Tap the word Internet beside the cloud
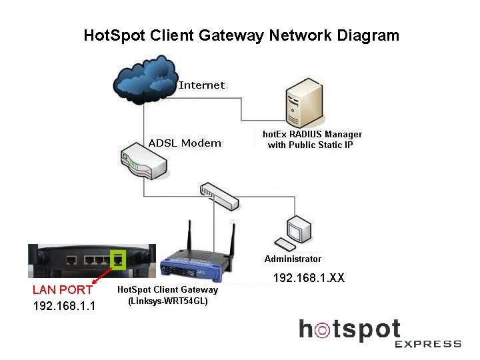(x=202, y=85)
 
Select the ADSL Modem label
(x=185, y=143)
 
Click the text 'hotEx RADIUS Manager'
(x=313, y=134)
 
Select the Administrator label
(x=293, y=259)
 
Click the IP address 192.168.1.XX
(x=309, y=277)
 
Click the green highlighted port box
(x=119, y=260)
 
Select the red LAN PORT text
(x=62, y=290)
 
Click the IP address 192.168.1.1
(x=64, y=306)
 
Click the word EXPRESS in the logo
(x=427, y=344)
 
